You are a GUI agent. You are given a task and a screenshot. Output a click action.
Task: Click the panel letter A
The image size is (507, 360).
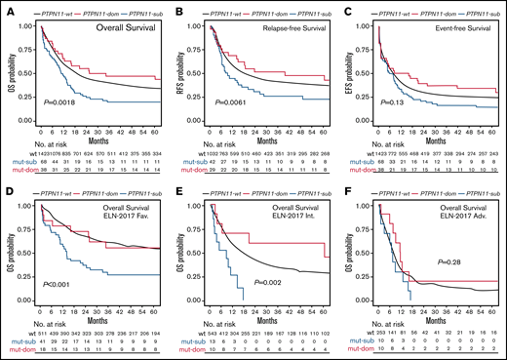tap(6, 9)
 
